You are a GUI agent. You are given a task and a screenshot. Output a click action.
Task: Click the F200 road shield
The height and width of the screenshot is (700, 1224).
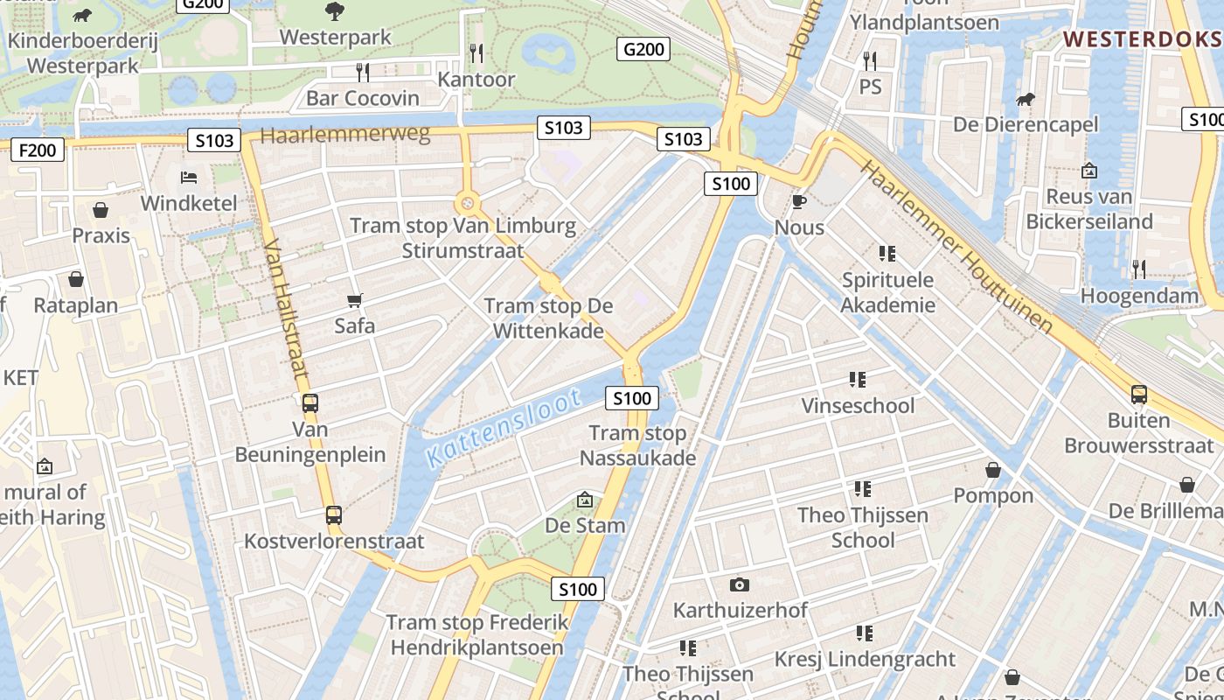[38, 150]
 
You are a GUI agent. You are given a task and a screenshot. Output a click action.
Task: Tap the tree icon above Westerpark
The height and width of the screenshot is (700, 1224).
[334, 12]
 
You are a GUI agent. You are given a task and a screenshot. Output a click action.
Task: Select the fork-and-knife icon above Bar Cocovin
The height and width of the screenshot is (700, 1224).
[362, 73]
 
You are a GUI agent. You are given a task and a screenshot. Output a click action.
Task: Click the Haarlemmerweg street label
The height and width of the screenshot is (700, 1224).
[345, 135]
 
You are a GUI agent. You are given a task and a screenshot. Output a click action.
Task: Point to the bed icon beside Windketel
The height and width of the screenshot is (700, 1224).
[188, 178]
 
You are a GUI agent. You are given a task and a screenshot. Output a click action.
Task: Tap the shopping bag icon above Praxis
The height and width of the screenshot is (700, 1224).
[101, 210]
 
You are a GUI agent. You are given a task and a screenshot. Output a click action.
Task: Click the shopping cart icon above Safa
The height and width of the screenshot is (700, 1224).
[354, 301]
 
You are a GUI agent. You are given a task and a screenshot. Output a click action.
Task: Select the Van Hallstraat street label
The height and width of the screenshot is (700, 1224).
[286, 308]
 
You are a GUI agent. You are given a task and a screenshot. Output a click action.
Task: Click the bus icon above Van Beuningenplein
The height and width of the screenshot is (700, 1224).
[309, 403]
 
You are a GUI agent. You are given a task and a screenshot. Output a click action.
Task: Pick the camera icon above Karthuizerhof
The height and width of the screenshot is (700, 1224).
[740, 584]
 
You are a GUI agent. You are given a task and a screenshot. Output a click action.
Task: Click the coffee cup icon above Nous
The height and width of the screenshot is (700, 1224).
[798, 202]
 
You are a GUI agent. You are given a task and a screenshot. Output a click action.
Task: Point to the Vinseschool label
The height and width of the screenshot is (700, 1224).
[858, 406]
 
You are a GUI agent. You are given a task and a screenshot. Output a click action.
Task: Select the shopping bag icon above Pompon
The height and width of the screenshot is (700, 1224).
[993, 471]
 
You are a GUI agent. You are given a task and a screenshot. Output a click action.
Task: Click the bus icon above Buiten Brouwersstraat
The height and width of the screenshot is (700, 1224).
[1138, 395]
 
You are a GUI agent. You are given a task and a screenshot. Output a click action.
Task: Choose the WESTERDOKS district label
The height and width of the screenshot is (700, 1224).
[1143, 39]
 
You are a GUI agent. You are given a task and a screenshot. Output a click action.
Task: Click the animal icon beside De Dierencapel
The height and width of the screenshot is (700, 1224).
[1025, 100]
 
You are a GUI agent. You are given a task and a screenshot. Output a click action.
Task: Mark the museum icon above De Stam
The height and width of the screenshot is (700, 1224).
[585, 500]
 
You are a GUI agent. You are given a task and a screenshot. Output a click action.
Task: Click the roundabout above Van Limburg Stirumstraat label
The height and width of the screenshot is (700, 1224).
[468, 204]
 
